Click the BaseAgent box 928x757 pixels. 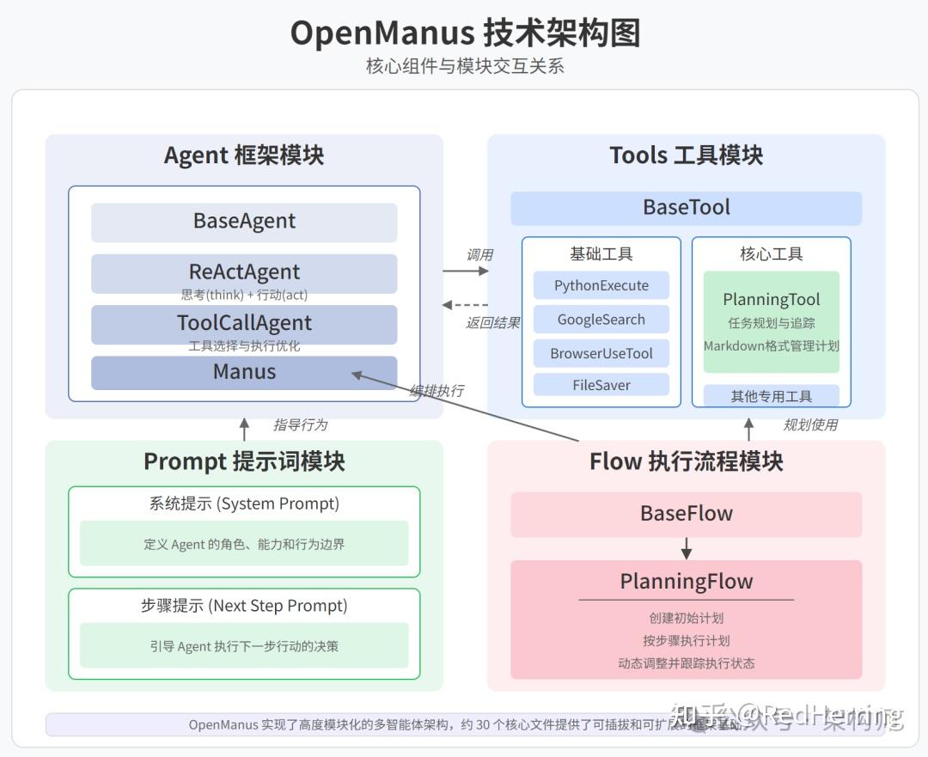[x=244, y=222]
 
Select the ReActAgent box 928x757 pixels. [x=244, y=273]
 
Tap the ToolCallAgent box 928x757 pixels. [x=244, y=324]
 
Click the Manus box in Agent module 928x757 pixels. [x=244, y=372]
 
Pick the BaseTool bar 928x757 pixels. [x=686, y=208]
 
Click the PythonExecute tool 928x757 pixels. [x=601, y=286]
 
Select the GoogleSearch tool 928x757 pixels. [x=601, y=320]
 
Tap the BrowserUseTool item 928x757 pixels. [x=601, y=353]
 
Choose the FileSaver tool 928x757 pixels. [x=601, y=385]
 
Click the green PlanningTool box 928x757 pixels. [x=771, y=322]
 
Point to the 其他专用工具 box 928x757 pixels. [x=771, y=396]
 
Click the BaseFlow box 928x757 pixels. [x=686, y=514]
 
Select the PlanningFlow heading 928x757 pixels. [x=686, y=582]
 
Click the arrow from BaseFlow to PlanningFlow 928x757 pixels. [x=686, y=548]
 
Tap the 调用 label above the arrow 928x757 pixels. [x=479, y=254]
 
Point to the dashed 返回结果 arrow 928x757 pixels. [x=465, y=305]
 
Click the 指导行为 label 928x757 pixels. [x=300, y=424]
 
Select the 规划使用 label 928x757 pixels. [x=809, y=424]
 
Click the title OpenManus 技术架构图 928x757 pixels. [x=464, y=34]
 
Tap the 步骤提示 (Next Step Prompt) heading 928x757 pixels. [x=244, y=606]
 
